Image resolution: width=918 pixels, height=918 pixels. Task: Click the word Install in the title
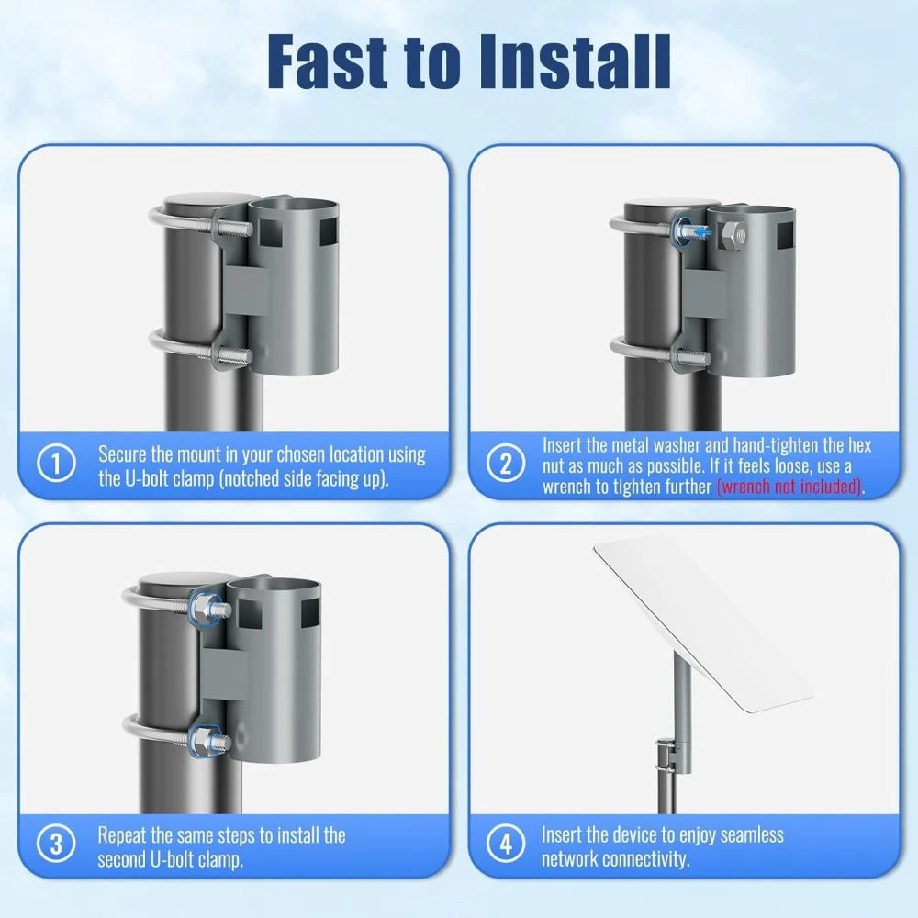[575, 62]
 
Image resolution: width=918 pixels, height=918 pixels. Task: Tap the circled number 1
[56, 464]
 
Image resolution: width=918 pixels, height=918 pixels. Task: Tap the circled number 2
[506, 464]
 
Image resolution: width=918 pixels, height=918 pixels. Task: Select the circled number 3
[56, 845]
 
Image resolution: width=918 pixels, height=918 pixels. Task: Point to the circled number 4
[506, 845]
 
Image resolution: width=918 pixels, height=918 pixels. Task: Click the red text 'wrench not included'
[789, 487]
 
